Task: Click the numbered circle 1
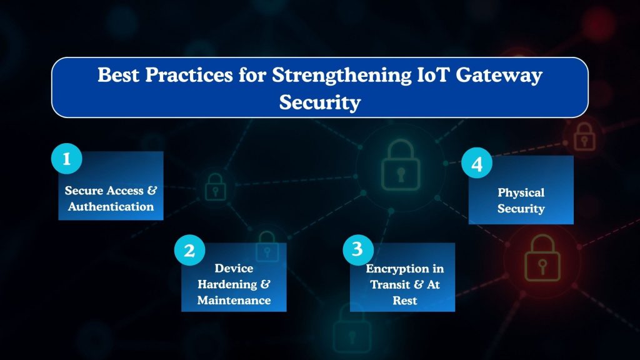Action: [66, 159]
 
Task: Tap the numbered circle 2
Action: [189, 251]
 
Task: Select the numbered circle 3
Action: [357, 249]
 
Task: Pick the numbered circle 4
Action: [477, 164]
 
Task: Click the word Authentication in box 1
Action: [111, 207]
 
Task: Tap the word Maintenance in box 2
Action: [234, 300]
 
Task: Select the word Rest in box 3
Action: [405, 300]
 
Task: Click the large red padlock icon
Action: [538, 257]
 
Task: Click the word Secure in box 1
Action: [86, 191]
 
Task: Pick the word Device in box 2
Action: [234, 268]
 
